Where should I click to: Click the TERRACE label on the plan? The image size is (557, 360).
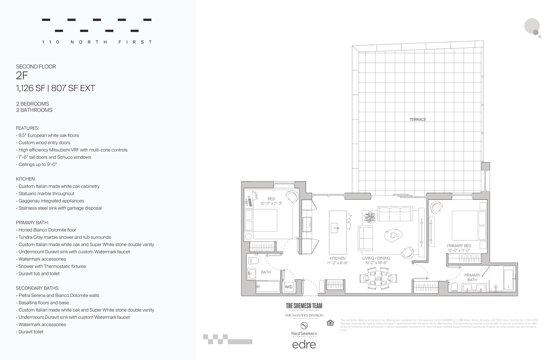click(x=417, y=119)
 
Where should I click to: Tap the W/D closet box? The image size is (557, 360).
click(x=289, y=287)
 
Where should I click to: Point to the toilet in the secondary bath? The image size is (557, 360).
click(x=254, y=261)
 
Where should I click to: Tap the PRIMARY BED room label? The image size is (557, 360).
click(x=459, y=246)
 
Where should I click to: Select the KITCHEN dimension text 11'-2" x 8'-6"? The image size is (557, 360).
click(x=337, y=263)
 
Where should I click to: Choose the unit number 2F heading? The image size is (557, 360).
click(x=22, y=76)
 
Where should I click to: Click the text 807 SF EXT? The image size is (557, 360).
click(x=73, y=88)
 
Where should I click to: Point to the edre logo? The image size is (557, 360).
click(x=304, y=344)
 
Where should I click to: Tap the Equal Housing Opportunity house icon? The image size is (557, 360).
click(x=330, y=323)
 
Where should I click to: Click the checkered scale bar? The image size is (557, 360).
click(x=227, y=339)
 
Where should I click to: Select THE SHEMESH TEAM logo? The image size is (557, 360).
click(x=304, y=306)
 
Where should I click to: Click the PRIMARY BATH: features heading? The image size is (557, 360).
click(x=32, y=223)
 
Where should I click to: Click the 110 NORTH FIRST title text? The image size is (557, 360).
click(x=97, y=42)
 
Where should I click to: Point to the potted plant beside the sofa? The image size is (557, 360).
click(x=370, y=217)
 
